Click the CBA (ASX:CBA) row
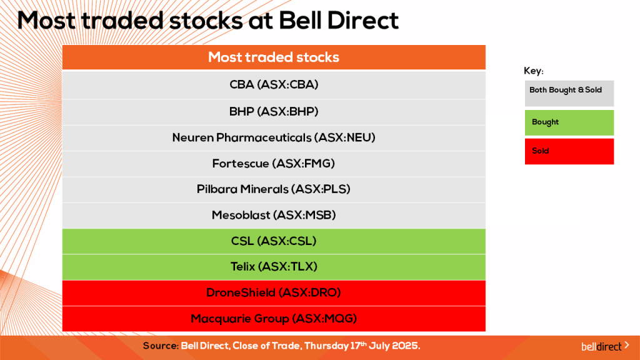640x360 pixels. point(274,85)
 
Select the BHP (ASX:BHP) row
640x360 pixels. point(274,112)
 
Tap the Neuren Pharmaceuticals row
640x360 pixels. point(274,137)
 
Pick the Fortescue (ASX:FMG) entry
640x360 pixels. point(274,164)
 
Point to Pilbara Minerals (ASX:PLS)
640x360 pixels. point(274,189)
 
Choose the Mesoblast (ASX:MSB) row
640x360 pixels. point(274,216)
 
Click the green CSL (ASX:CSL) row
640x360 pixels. point(274,241)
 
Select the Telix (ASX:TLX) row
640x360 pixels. point(274,267)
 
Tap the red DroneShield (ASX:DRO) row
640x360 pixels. point(274,292)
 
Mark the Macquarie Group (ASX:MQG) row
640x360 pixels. point(274,319)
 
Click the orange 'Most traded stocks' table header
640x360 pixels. point(274,57)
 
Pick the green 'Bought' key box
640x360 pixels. point(569,122)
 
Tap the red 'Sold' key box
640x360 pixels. point(569,151)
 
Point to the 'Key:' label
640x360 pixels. point(534,71)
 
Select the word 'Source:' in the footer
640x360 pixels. point(161,346)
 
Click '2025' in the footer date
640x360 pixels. point(405,346)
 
